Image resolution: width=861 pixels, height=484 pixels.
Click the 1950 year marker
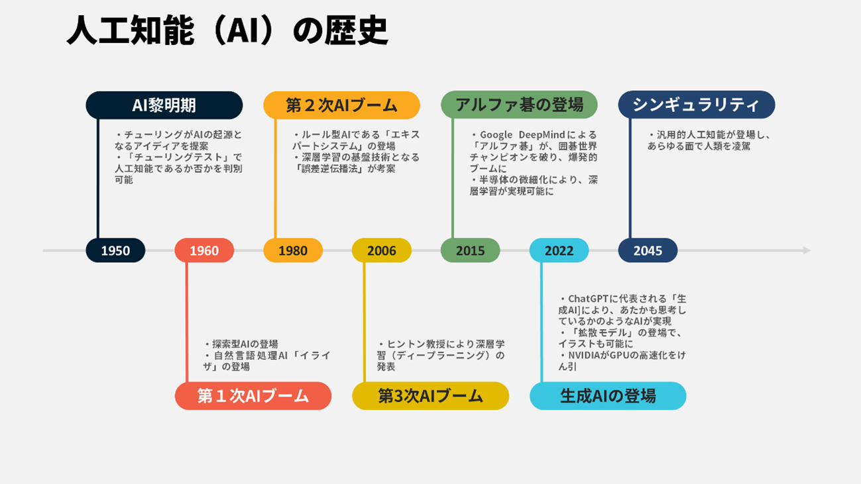115,250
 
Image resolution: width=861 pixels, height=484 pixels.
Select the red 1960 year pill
204,250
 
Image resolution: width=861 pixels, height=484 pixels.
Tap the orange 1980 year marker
293,250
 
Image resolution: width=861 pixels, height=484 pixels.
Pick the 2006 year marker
382,250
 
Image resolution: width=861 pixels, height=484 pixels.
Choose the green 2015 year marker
470,250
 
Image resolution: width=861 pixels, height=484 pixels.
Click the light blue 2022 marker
559,250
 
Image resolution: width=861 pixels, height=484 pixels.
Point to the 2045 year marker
648,250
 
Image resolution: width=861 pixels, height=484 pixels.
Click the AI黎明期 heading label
164,105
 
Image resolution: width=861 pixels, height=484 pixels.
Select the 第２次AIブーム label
342,105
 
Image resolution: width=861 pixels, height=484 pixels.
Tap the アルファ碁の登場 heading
519,105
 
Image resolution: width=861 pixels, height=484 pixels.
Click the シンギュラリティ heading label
697,105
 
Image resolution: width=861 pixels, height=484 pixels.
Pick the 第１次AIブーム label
253,396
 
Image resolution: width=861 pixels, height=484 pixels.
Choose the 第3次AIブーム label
431,396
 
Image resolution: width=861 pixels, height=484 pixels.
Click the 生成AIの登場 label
608,396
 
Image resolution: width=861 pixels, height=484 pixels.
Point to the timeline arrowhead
807,250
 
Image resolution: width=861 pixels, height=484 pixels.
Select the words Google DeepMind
522,134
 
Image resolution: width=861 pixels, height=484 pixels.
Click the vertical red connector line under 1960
187,322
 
